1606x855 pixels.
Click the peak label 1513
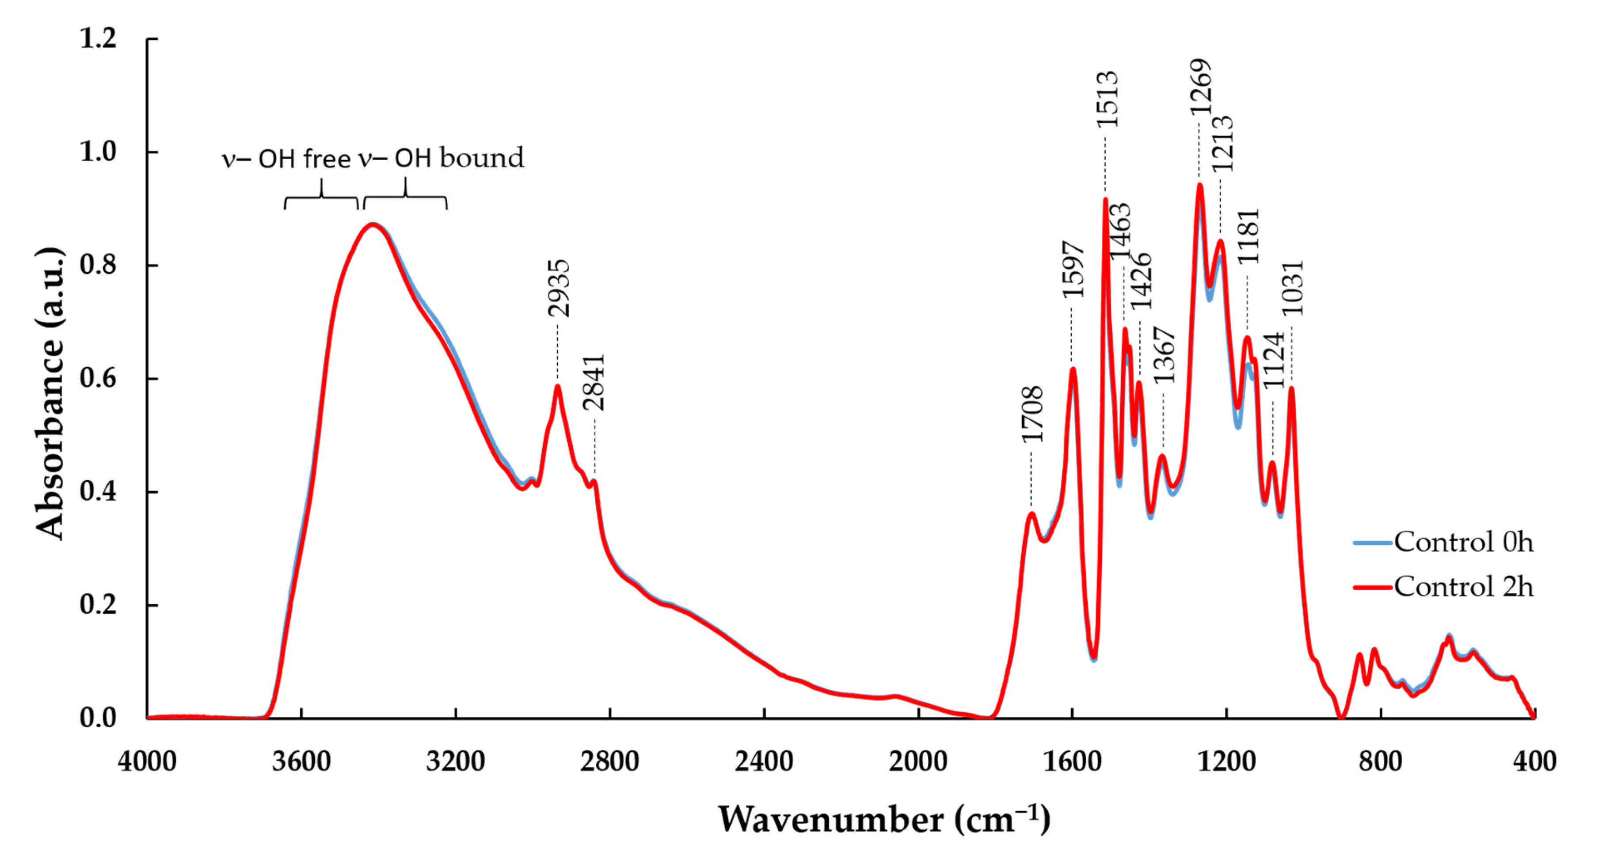[x=1107, y=100]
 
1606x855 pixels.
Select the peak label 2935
[x=558, y=289]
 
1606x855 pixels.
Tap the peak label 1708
[x=1032, y=414]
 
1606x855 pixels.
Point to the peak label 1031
[x=1292, y=288]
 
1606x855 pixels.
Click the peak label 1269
[x=1200, y=87]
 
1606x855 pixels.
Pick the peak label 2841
[x=594, y=383]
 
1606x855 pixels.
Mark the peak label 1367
[x=1163, y=355]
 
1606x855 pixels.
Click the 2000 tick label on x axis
[x=918, y=761]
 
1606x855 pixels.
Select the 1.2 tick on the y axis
[x=99, y=38]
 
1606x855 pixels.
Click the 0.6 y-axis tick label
[x=99, y=378]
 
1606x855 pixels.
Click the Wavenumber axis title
[x=883, y=820]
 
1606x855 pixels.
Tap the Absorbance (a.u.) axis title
[x=50, y=394]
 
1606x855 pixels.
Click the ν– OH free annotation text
[x=286, y=160]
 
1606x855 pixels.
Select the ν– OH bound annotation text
[x=441, y=158]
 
